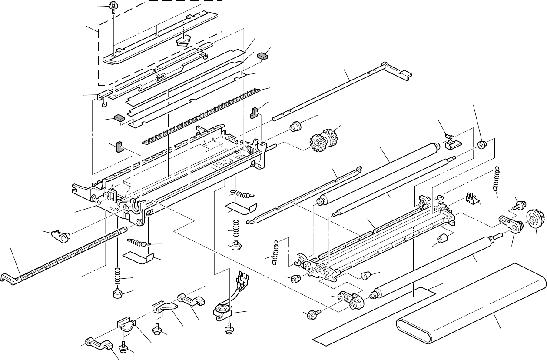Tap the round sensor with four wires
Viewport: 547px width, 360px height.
[x=222, y=310]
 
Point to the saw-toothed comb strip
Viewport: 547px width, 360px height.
[x=204, y=115]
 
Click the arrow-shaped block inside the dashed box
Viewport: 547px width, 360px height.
[x=184, y=40]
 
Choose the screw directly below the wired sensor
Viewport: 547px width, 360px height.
[x=229, y=331]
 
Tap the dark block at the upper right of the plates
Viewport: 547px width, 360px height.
[x=262, y=56]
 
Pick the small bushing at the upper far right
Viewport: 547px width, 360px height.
[x=481, y=145]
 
